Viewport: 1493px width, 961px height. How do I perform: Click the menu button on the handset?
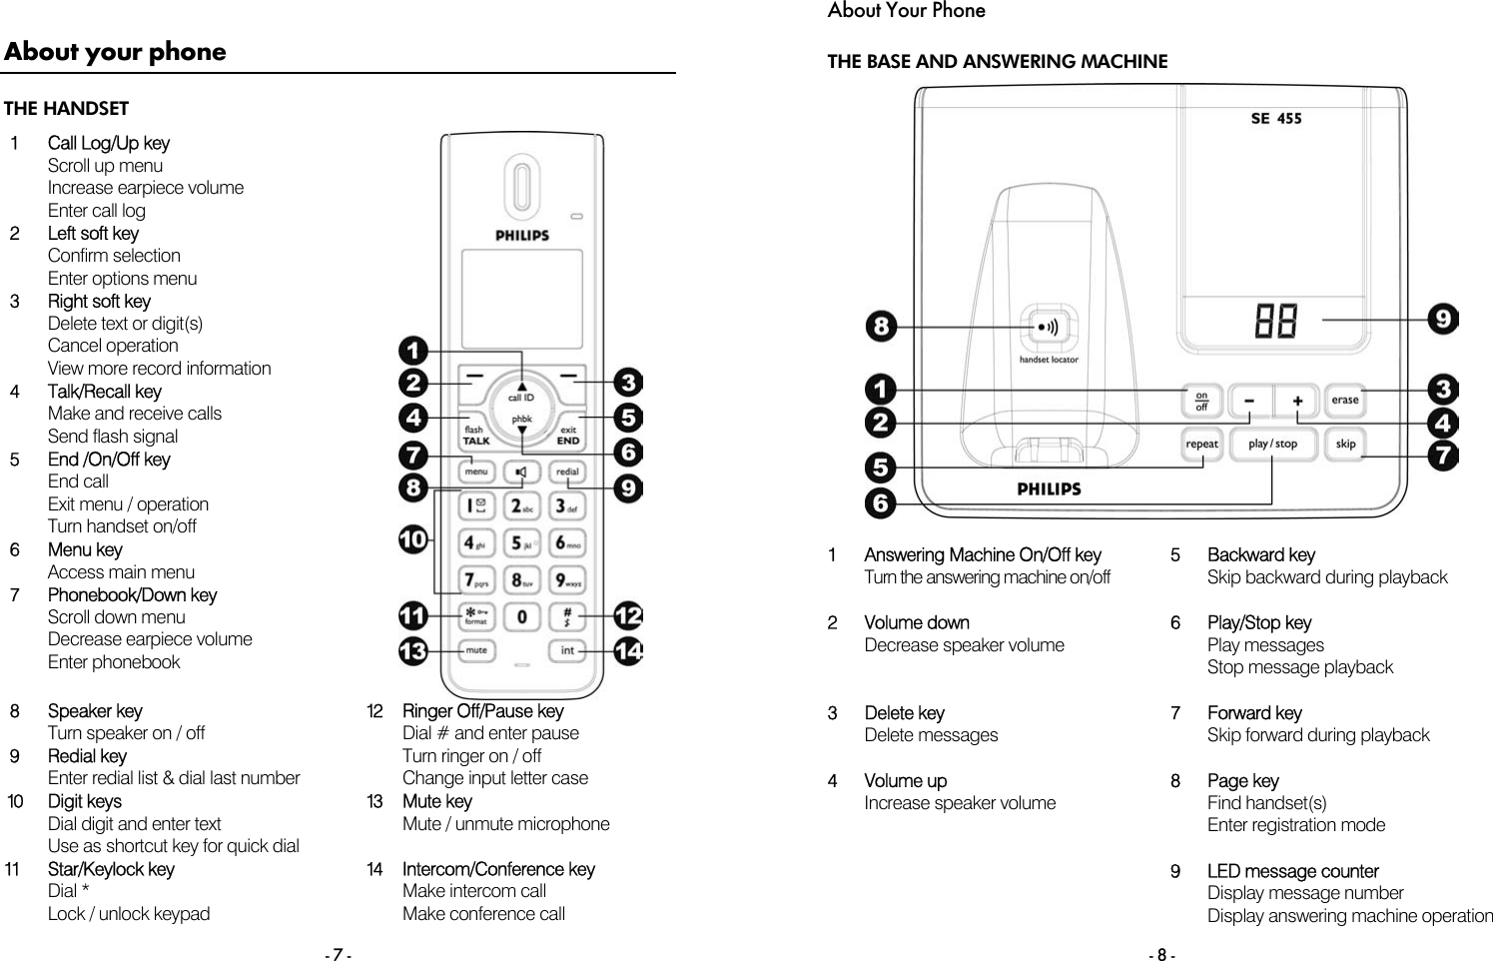point(476,472)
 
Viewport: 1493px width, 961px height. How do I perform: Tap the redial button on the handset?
point(567,472)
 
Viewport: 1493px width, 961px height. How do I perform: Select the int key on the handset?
point(567,650)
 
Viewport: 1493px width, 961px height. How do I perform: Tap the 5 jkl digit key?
point(521,543)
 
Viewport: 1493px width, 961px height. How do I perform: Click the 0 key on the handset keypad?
point(521,616)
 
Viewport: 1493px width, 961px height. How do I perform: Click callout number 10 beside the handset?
point(413,540)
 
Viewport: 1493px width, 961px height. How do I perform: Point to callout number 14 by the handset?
point(628,651)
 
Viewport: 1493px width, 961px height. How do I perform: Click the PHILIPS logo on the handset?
point(522,236)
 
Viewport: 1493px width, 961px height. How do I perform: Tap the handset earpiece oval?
point(521,187)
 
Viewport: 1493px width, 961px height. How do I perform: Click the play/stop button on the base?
point(1272,444)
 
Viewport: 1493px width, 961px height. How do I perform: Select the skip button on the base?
point(1345,444)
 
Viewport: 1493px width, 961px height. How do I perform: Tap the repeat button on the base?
point(1201,444)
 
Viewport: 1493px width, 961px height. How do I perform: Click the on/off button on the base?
point(1201,401)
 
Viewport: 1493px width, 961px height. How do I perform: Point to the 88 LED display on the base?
point(1275,322)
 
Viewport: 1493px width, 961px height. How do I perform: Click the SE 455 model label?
point(1275,118)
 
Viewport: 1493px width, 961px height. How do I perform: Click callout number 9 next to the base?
point(1443,320)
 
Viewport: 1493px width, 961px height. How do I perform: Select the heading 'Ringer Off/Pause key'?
point(482,711)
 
